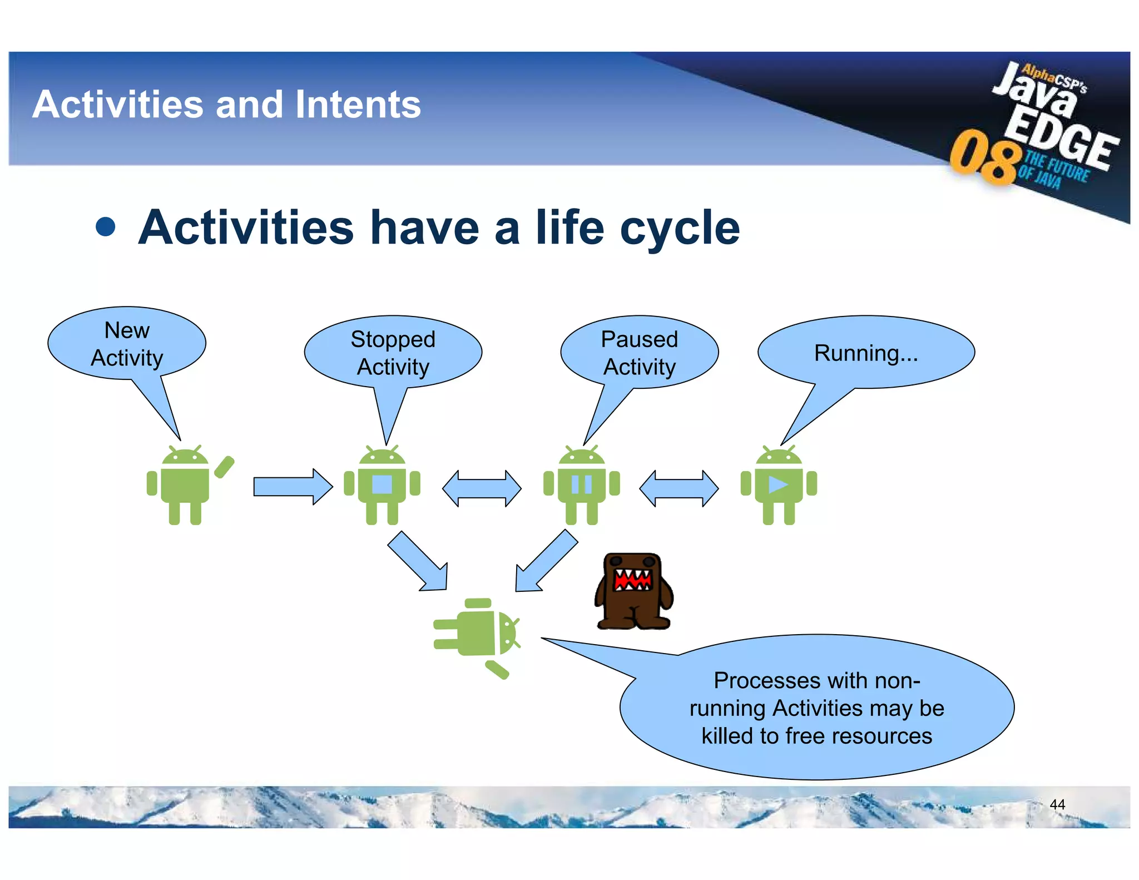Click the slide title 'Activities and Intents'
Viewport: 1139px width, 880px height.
pyautogui.click(x=227, y=105)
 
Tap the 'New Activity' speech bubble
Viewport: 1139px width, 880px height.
pyautogui.click(x=127, y=344)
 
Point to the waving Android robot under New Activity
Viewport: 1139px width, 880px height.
pyautogui.click(x=189, y=485)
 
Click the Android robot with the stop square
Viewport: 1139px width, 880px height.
pyautogui.click(x=382, y=485)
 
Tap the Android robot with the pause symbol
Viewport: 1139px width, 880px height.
pyautogui.click(x=582, y=485)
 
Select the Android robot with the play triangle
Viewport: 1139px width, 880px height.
pyautogui.click(x=779, y=485)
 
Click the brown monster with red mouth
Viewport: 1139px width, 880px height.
pyautogui.click(x=633, y=591)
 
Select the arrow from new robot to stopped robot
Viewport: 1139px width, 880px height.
pyautogui.click(x=293, y=487)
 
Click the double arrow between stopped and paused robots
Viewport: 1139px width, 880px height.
pyautogui.click(x=482, y=488)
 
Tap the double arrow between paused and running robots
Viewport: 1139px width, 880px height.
pyautogui.click(x=679, y=488)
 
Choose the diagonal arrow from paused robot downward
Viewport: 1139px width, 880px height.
pyautogui.click(x=546, y=561)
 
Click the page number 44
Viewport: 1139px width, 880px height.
pyautogui.click(x=1057, y=804)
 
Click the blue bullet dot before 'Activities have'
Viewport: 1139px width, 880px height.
pyautogui.click(x=106, y=227)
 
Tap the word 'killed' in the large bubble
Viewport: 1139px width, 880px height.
pyautogui.click(x=727, y=736)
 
